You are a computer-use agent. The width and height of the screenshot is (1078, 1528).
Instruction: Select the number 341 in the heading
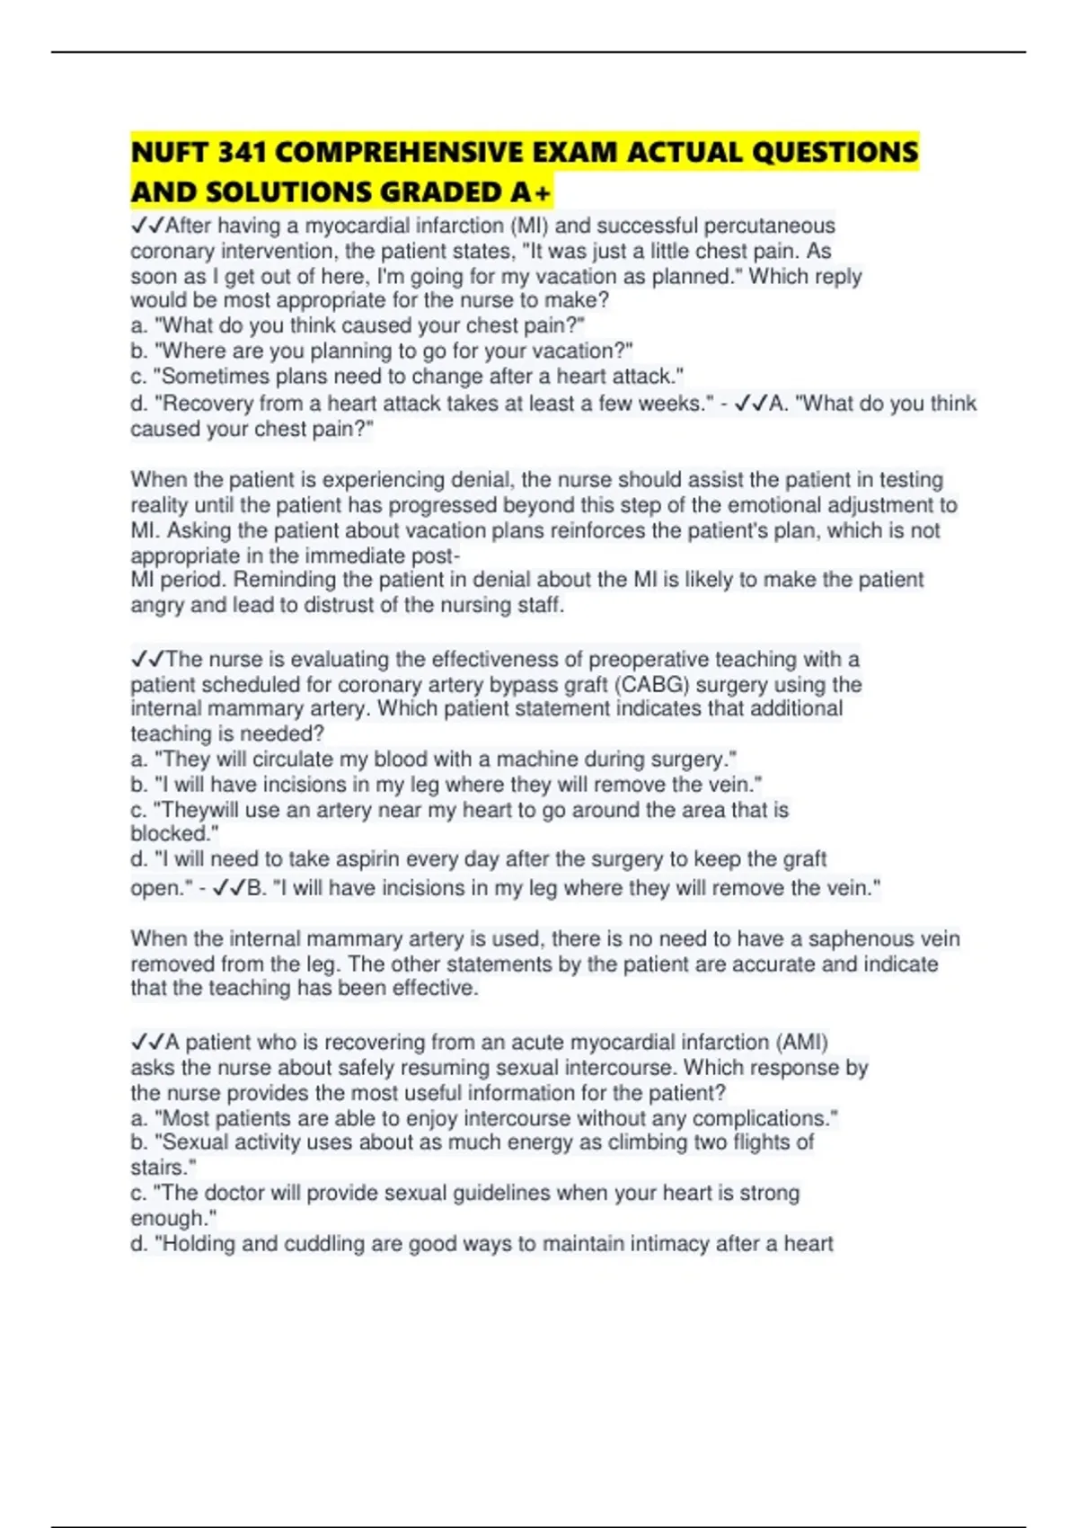click(242, 153)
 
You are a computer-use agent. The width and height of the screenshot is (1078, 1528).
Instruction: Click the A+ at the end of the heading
click(532, 192)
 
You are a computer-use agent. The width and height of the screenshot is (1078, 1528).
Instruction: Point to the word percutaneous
click(769, 226)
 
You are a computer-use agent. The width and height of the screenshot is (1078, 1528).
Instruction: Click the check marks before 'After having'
click(147, 226)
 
